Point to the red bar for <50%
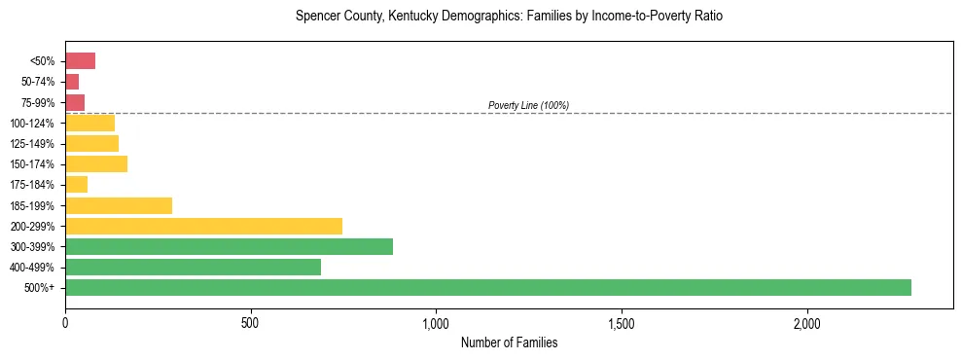(x=80, y=61)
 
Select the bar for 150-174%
(x=96, y=164)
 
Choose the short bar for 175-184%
(x=76, y=185)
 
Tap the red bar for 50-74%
(x=72, y=82)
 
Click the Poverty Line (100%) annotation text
(x=528, y=105)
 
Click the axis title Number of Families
(x=509, y=342)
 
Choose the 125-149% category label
(x=33, y=144)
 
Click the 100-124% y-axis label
(x=33, y=124)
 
